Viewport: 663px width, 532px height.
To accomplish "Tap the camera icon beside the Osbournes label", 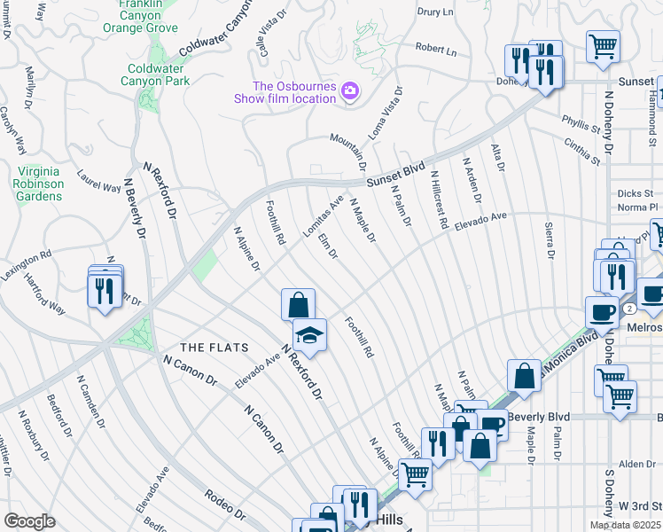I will [350, 91].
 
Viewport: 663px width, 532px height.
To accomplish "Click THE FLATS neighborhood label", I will [214, 347].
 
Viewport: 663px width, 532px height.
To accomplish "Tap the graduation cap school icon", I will [309, 335].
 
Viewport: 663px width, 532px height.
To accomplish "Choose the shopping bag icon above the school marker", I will [299, 305].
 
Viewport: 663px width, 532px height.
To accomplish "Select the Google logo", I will [29, 521].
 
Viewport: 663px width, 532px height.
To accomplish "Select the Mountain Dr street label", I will [349, 151].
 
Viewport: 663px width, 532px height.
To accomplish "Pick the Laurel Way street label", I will [98, 181].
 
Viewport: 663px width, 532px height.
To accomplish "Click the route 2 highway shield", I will [628, 308].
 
